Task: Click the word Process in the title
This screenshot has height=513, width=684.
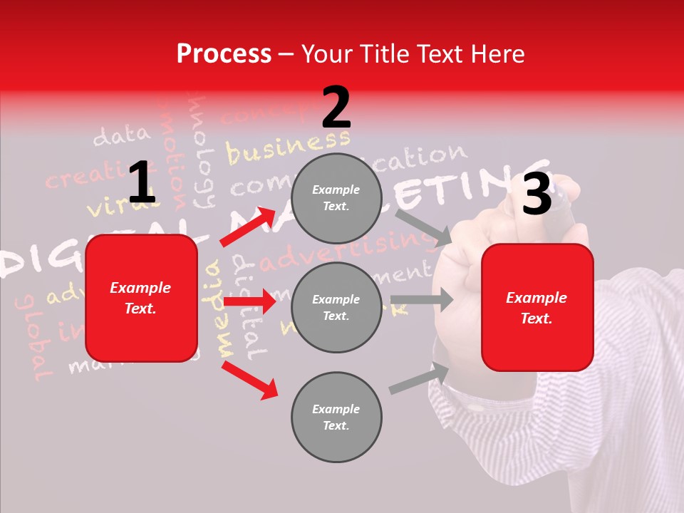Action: click(224, 54)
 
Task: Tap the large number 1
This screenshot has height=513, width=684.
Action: click(141, 182)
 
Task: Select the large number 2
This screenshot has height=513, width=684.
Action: click(336, 107)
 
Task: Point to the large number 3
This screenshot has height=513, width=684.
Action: click(537, 195)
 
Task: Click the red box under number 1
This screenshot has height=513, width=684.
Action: click(141, 298)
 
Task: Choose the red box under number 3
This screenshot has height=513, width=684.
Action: click(537, 308)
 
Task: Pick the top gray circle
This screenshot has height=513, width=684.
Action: click(336, 198)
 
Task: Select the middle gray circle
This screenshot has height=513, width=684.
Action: click(336, 307)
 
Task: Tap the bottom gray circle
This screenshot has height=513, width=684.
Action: click(336, 417)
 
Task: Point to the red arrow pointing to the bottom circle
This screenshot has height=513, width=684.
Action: click(249, 380)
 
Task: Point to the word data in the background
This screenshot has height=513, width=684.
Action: click(122, 135)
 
